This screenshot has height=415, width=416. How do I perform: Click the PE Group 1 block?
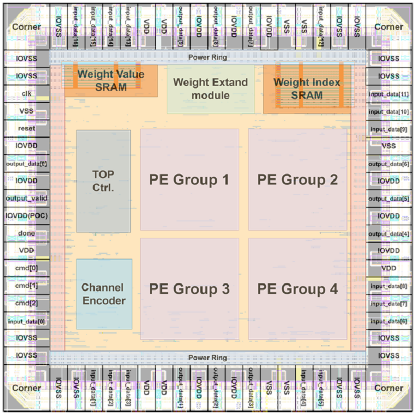click(x=189, y=180)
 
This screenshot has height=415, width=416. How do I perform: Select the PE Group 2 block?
click(x=298, y=180)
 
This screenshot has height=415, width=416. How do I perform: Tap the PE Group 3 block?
click(x=189, y=289)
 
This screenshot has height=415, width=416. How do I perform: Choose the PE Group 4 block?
click(x=298, y=289)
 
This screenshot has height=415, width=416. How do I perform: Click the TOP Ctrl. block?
click(x=103, y=181)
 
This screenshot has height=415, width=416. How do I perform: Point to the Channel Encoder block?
click(x=104, y=294)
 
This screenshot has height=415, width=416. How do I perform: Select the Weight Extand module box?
click(x=211, y=89)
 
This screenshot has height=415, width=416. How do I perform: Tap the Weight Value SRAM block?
click(x=111, y=81)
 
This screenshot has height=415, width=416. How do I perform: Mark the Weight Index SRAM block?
click(x=307, y=89)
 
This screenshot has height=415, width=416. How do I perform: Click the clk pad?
click(x=26, y=93)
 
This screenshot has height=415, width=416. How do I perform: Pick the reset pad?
click(x=26, y=128)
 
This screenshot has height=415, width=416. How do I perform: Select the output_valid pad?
click(x=26, y=198)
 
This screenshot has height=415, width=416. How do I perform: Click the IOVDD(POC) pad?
click(x=26, y=215)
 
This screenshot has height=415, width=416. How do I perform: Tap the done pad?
click(x=26, y=233)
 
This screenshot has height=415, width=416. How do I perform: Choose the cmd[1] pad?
click(x=26, y=286)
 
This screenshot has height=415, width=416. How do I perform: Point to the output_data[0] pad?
click(x=26, y=163)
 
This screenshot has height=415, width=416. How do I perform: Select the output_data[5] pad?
click(x=389, y=198)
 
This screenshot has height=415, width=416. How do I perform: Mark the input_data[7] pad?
click(x=389, y=303)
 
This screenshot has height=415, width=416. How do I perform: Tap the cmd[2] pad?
click(x=26, y=303)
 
